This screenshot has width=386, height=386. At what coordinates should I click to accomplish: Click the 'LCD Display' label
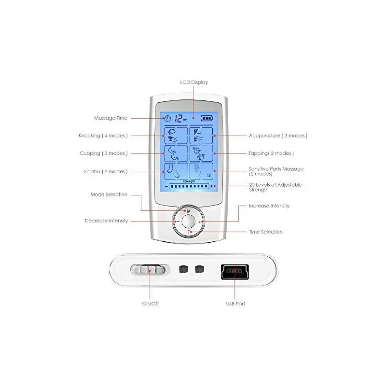coord(194,83)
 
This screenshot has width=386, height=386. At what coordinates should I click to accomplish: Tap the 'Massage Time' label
coord(111,118)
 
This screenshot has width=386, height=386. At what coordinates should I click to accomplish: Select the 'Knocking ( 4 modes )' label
coord(103,136)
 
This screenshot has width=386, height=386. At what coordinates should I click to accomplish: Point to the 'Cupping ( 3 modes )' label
coord(104,153)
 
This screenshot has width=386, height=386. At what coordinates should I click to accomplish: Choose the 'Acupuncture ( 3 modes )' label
coord(278,136)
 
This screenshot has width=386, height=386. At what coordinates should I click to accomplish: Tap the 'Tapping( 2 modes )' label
coord(271,153)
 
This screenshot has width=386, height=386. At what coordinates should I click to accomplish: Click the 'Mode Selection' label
coord(109,194)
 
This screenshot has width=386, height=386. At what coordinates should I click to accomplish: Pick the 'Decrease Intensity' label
coord(107,221)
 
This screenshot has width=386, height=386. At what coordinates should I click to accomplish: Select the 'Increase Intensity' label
coord(269,206)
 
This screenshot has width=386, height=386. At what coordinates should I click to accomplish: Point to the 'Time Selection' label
coord(266,232)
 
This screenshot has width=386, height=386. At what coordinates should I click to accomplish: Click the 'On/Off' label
coord(150,303)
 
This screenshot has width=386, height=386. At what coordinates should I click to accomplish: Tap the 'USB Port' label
coord(235,303)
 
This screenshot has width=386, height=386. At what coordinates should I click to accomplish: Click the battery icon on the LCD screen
coord(207,117)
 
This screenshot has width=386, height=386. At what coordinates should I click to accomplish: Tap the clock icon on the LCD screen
coord(167,117)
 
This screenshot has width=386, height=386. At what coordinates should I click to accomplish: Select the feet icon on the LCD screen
coord(176,171)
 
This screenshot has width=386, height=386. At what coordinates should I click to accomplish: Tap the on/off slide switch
coord(149,270)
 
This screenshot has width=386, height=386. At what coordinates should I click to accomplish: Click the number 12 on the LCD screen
coord(178,117)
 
